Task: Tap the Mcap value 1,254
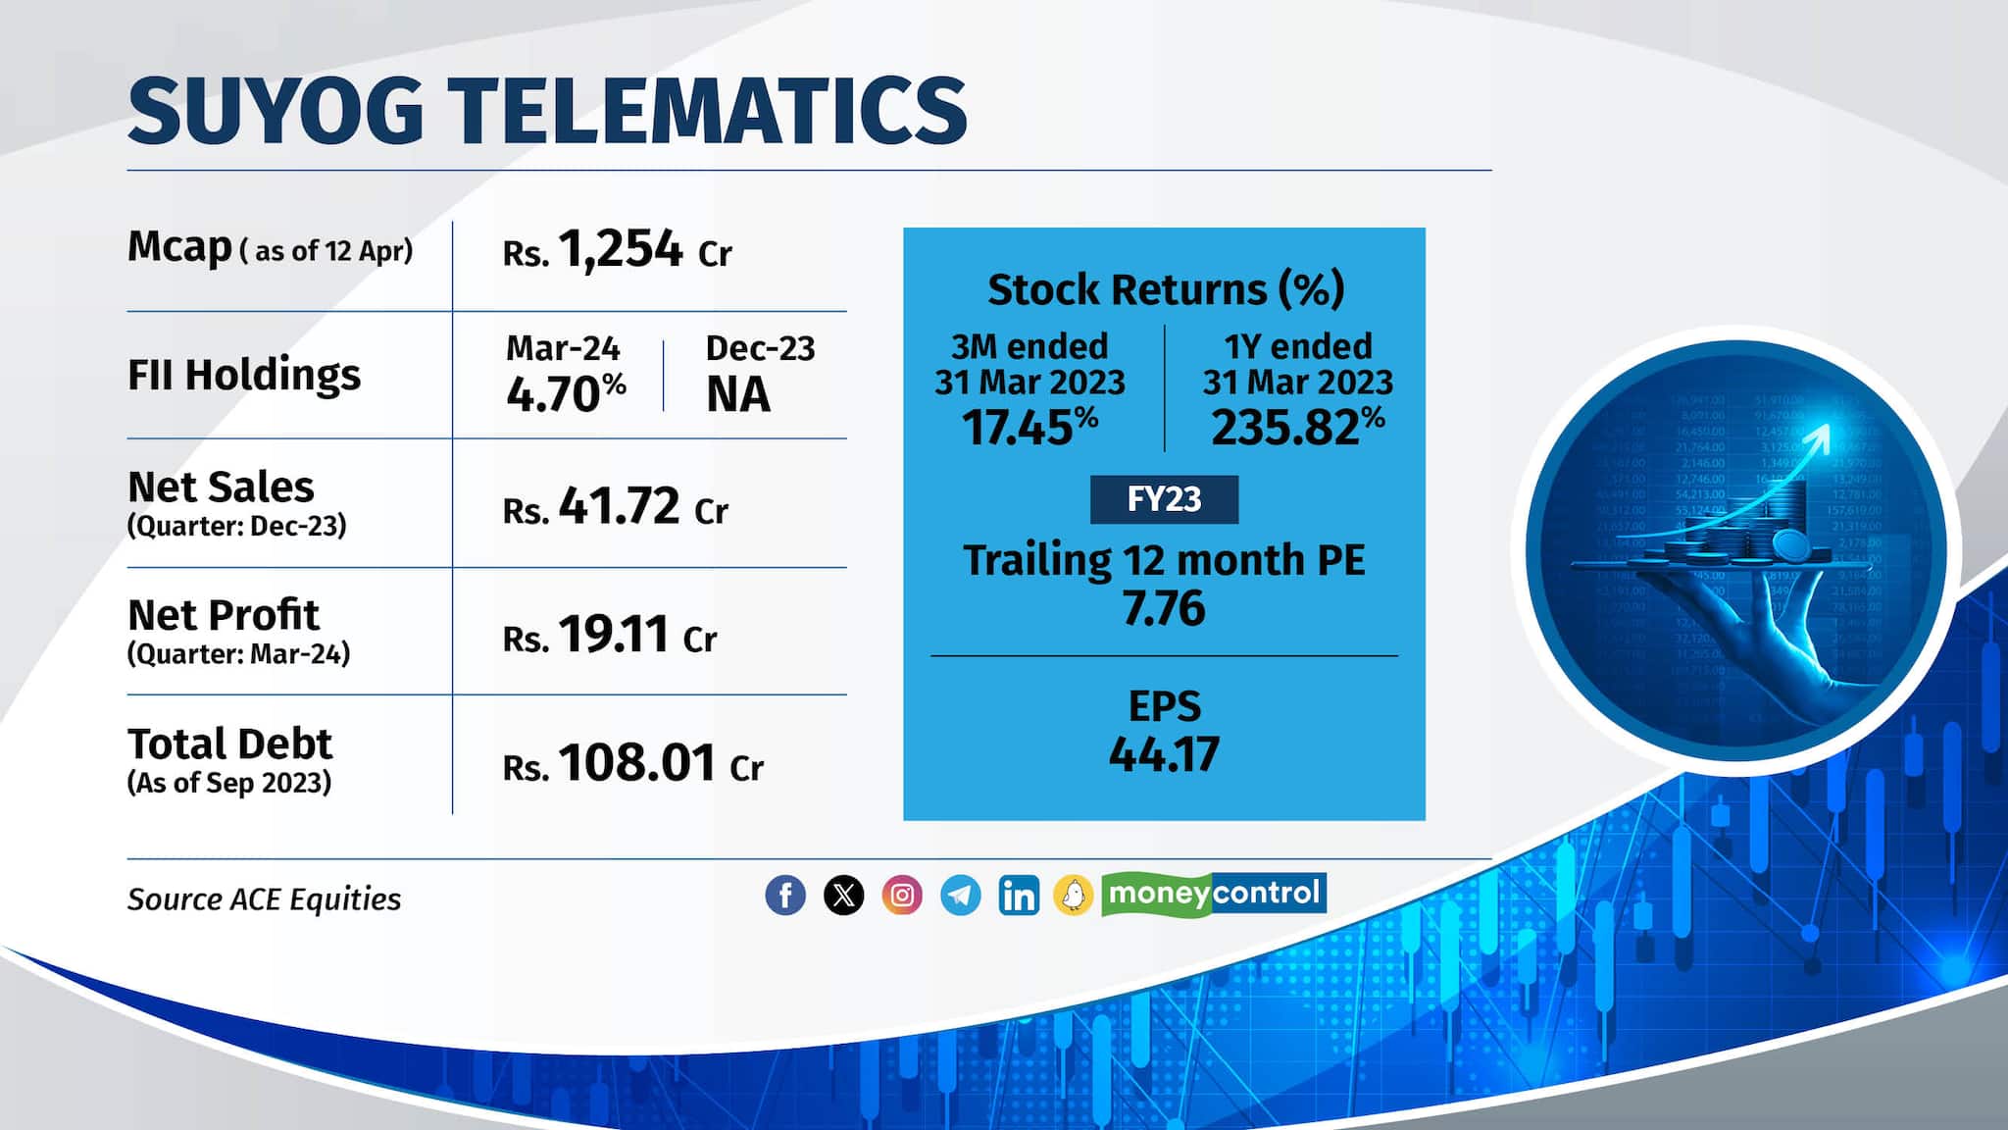620,249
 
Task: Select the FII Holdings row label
244,375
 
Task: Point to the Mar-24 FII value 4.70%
566,394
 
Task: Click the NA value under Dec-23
738,395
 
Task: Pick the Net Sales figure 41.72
619,507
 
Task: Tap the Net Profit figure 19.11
614,636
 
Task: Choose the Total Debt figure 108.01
637,763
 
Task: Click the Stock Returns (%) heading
1165,289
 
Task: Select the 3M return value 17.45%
1029,428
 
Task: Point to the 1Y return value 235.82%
1297,428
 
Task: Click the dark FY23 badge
1164,499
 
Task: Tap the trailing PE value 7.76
1164,608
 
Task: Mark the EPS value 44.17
1164,754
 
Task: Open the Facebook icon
785,895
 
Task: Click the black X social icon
843,895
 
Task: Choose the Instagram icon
902,895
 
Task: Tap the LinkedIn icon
1019,895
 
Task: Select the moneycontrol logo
1214,894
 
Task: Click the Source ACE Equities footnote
264,899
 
